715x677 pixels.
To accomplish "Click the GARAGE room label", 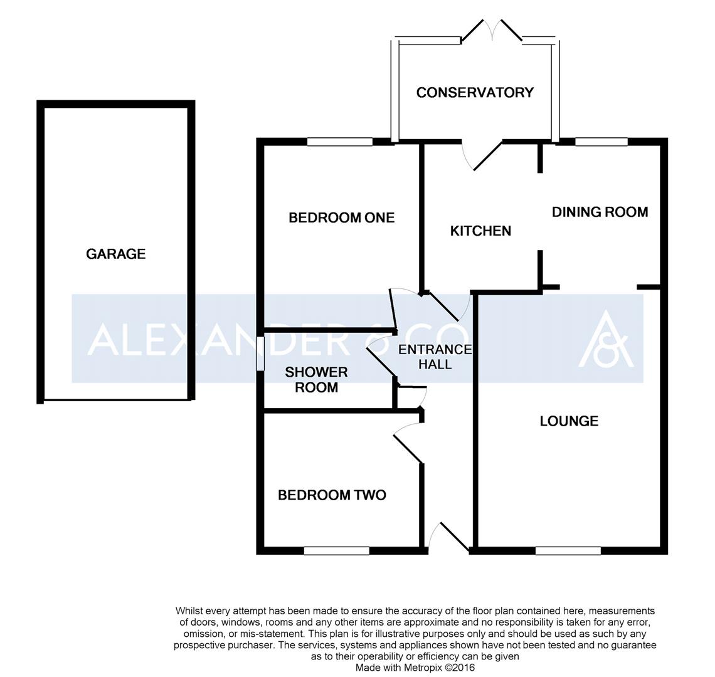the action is coord(116,254).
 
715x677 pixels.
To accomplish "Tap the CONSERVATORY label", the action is coord(475,93).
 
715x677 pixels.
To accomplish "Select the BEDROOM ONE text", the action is coord(342,218).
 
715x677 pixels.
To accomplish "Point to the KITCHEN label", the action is coord(480,231).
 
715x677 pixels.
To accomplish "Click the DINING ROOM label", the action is coord(600,212).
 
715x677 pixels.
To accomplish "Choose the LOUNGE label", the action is coord(569,421).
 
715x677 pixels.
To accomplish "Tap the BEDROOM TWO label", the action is coord(332,495).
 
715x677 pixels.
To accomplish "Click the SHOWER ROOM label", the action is coord(317,380).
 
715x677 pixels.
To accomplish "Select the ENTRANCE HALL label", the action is coord(435,357).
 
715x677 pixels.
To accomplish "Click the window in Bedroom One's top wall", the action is coord(340,142).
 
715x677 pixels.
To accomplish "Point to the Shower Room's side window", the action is coord(260,354).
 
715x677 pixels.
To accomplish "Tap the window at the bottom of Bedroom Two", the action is coord(337,551).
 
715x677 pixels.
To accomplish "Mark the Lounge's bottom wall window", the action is coord(568,551).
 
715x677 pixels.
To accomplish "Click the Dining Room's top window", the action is coord(601,142).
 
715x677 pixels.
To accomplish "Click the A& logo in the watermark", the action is coord(606,338).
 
